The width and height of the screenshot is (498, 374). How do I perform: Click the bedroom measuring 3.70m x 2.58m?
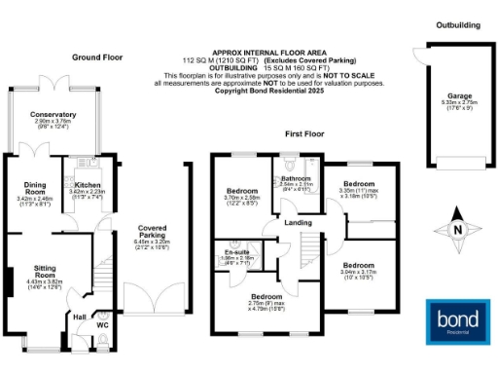pos(241,191)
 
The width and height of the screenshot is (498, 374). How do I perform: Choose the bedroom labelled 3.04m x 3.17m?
pos(359,264)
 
